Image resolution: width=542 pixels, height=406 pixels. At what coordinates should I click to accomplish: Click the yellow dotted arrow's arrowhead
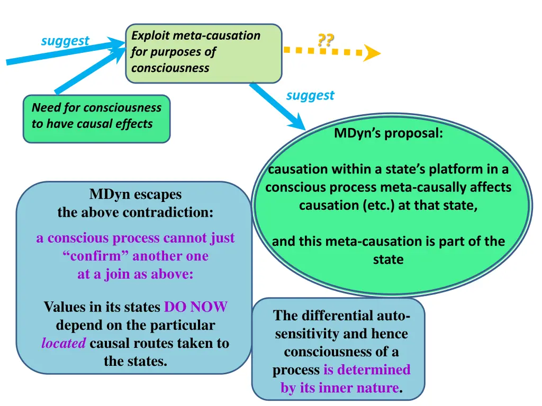pos(372,53)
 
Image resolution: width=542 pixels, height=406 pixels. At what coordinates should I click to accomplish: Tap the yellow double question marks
pos(326,41)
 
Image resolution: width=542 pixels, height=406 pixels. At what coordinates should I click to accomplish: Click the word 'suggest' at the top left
pos(65,41)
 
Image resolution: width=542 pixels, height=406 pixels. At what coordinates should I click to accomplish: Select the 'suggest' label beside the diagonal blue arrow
pos(310,95)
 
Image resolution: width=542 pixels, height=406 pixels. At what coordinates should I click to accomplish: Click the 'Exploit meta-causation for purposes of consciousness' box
pos(203,53)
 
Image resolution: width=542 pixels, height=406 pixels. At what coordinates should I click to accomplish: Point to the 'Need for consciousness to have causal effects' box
pos(96,118)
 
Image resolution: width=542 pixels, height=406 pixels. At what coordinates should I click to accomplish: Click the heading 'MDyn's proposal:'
pos(389,134)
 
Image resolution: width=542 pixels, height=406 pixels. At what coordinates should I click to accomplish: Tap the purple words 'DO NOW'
pos(196,307)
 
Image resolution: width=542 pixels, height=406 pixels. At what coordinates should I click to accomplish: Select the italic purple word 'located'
pos(64,343)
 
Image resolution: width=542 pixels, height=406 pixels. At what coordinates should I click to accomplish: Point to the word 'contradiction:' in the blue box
pos(168,213)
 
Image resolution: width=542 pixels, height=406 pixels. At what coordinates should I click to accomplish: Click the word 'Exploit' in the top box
pos(150,36)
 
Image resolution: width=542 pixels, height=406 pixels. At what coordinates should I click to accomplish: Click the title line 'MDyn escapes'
pos(135,195)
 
